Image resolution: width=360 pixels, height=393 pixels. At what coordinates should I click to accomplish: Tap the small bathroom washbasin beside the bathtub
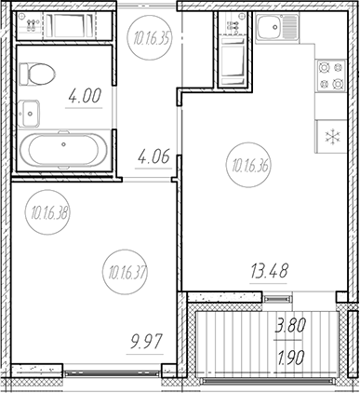[30, 112]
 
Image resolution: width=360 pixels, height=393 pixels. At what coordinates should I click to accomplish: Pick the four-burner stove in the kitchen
[331, 75]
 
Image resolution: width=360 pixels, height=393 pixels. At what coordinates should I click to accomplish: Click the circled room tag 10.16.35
[147, 38]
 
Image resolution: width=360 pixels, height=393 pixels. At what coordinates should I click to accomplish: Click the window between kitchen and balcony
[275, 297]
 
